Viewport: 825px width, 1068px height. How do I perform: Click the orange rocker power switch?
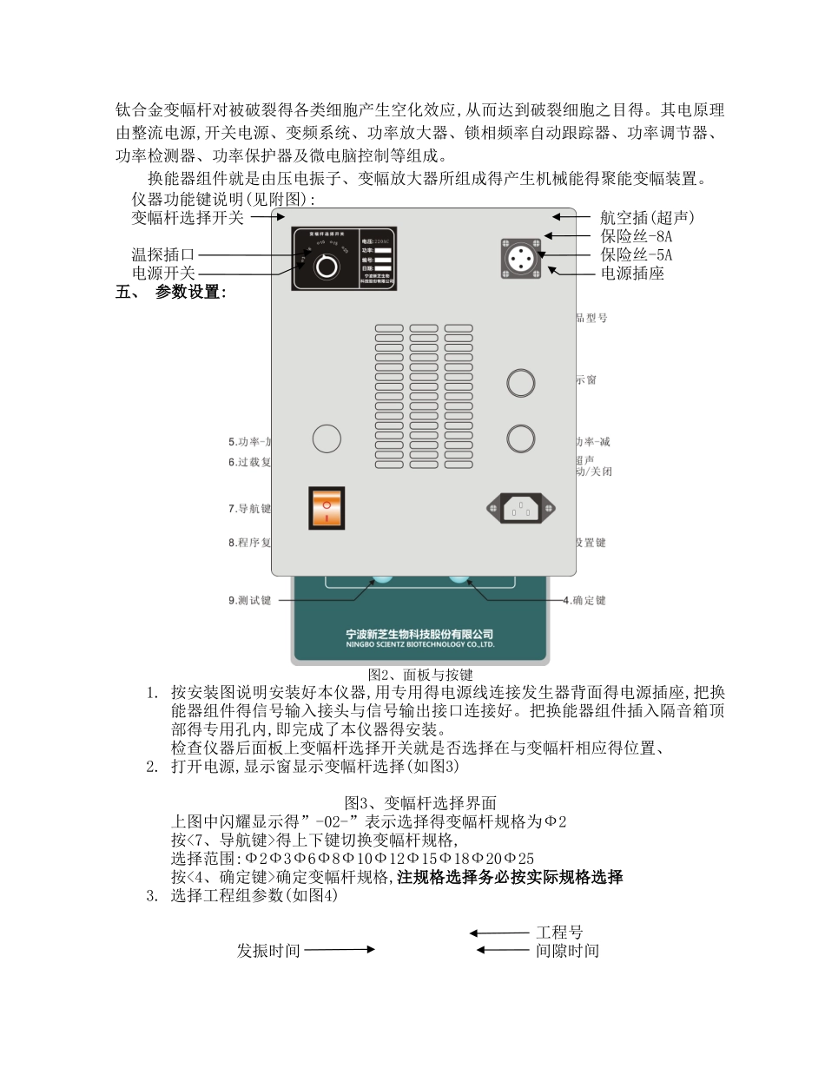[327, 508]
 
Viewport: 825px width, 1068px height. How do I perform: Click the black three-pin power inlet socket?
[519, 508]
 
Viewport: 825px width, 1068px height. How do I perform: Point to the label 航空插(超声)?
[647, 217]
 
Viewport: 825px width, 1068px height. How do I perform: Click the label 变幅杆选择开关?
[188, 217]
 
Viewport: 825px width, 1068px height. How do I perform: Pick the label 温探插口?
[163, 254]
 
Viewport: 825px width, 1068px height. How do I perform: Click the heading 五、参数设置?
[171, 293]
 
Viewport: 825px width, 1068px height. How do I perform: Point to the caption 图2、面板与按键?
[420, 675]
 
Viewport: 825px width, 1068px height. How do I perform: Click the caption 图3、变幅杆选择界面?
[420, 803]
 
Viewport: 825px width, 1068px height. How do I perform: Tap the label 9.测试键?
[250, 600]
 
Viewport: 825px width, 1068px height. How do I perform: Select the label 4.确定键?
[584, 600]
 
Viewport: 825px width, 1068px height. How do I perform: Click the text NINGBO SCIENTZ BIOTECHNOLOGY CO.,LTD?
[419, 645]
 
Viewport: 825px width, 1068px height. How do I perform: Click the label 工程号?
[559, 933]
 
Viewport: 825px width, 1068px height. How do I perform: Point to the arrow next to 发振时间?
[340, 950]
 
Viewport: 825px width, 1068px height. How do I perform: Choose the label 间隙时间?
[567, 951]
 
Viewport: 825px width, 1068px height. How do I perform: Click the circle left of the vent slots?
[327, 438]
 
